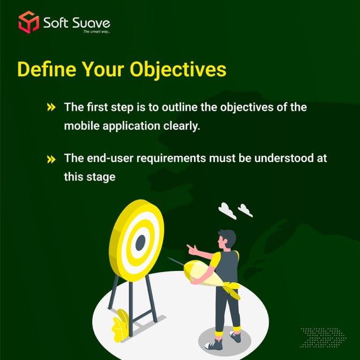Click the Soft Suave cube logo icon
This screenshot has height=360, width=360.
[28, 22]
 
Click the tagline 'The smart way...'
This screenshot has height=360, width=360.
[96, 32]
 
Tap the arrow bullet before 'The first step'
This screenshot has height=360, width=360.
[51, 107]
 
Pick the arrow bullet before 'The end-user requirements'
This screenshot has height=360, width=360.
[51, 159]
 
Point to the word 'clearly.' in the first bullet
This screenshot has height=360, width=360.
[181, 126]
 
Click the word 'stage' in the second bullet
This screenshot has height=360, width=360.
[101, 177]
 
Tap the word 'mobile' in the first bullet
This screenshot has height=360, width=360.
[81, 126]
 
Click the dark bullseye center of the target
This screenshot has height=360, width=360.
[140, 242]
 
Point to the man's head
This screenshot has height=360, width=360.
[227, 239]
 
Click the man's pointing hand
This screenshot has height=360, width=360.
[191, 249]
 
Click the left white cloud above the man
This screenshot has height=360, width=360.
[227, 210]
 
